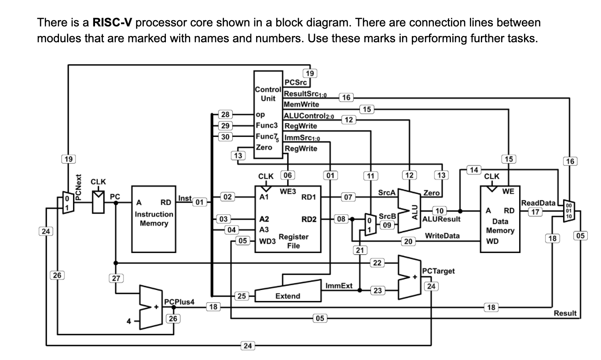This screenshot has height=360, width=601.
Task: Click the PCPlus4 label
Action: (179, 301)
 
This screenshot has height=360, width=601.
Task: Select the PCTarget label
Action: (438, 271)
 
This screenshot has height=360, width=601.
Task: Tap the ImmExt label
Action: (339, 286)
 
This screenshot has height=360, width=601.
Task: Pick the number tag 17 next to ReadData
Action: (535, 211)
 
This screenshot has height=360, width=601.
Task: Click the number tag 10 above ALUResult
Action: (440, 211)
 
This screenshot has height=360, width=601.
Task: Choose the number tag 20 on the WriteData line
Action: (409, 241)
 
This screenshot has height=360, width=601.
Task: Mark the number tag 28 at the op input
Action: (225, 115)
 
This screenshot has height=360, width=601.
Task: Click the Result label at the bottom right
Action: (565, 313)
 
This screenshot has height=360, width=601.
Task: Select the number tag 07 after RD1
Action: (348, 196)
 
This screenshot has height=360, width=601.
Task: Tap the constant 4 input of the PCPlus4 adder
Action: (129, 322)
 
